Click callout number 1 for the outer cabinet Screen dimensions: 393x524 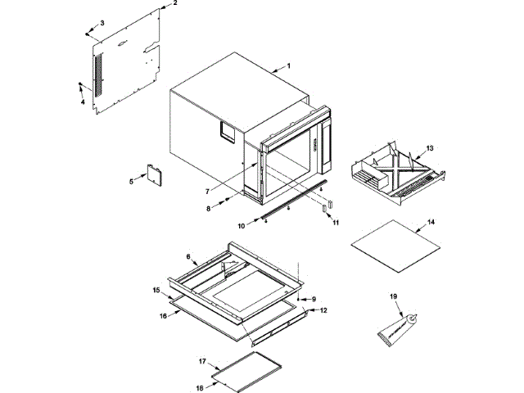pos(287,65)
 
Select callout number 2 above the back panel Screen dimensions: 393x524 pos(173,4)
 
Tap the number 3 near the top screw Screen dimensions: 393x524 pos(102,22)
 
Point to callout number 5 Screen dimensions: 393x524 pos(131,180)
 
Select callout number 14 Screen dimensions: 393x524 pos(431,222)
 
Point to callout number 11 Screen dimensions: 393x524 pos(336,222)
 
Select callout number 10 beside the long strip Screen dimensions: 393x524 pos(242,224)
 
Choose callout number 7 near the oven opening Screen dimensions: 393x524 pos(206,192)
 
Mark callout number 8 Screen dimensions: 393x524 pos(208,210)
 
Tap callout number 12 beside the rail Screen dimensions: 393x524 pos(323,310)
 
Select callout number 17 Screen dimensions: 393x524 pos(201,360)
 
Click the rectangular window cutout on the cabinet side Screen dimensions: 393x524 pos(225,129)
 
